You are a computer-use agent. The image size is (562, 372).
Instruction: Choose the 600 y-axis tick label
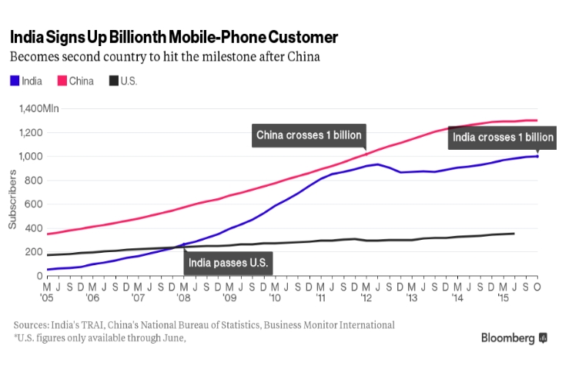33,204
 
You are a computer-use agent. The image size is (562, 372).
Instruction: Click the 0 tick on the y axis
40,275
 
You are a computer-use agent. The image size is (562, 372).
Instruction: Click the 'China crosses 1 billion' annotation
309,136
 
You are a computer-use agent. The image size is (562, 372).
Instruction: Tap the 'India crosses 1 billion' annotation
503,138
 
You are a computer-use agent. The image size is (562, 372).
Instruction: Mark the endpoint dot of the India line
537,156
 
